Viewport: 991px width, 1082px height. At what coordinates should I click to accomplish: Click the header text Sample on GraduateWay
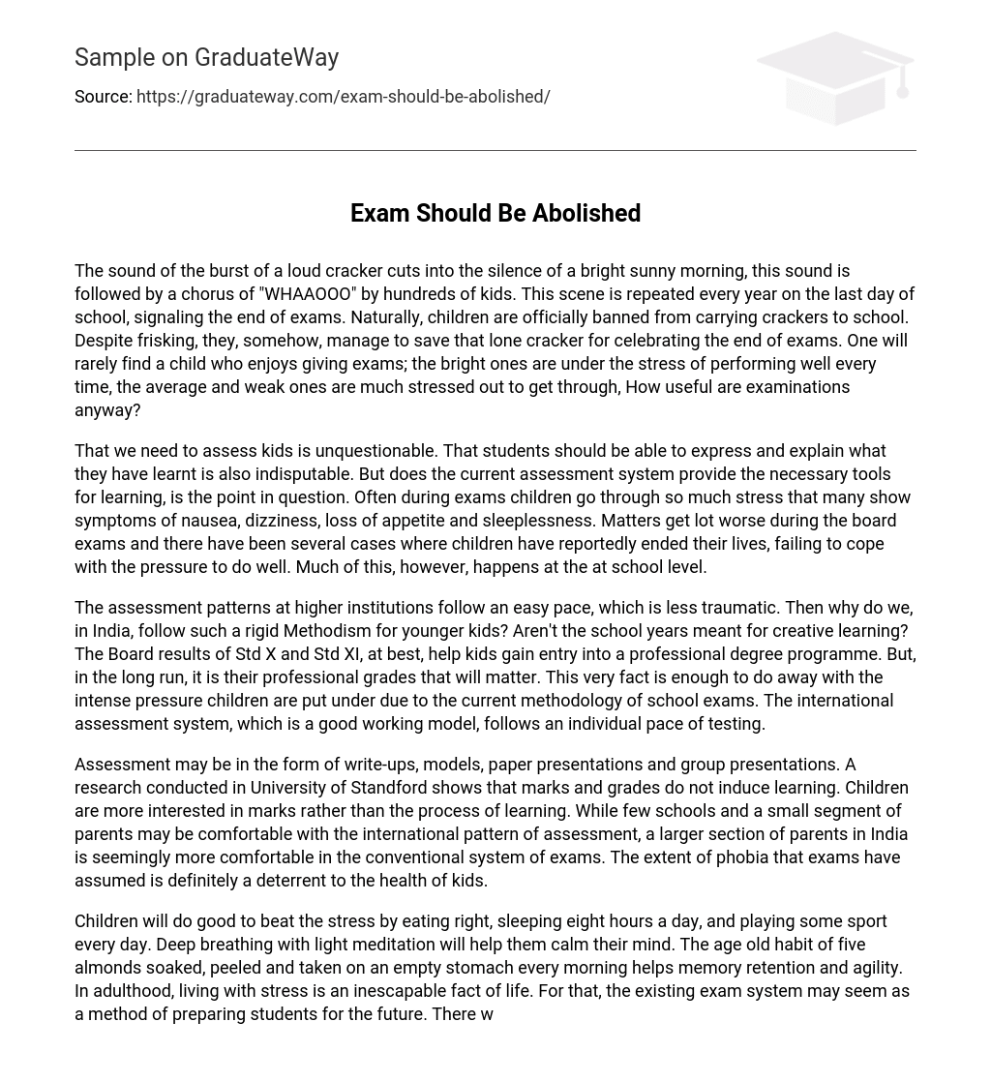206,58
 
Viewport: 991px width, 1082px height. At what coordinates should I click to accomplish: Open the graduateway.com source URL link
343,97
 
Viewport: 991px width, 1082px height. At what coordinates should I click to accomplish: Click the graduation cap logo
834,77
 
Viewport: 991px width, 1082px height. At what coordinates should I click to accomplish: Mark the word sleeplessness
537,521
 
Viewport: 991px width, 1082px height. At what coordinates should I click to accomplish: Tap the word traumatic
731,608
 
